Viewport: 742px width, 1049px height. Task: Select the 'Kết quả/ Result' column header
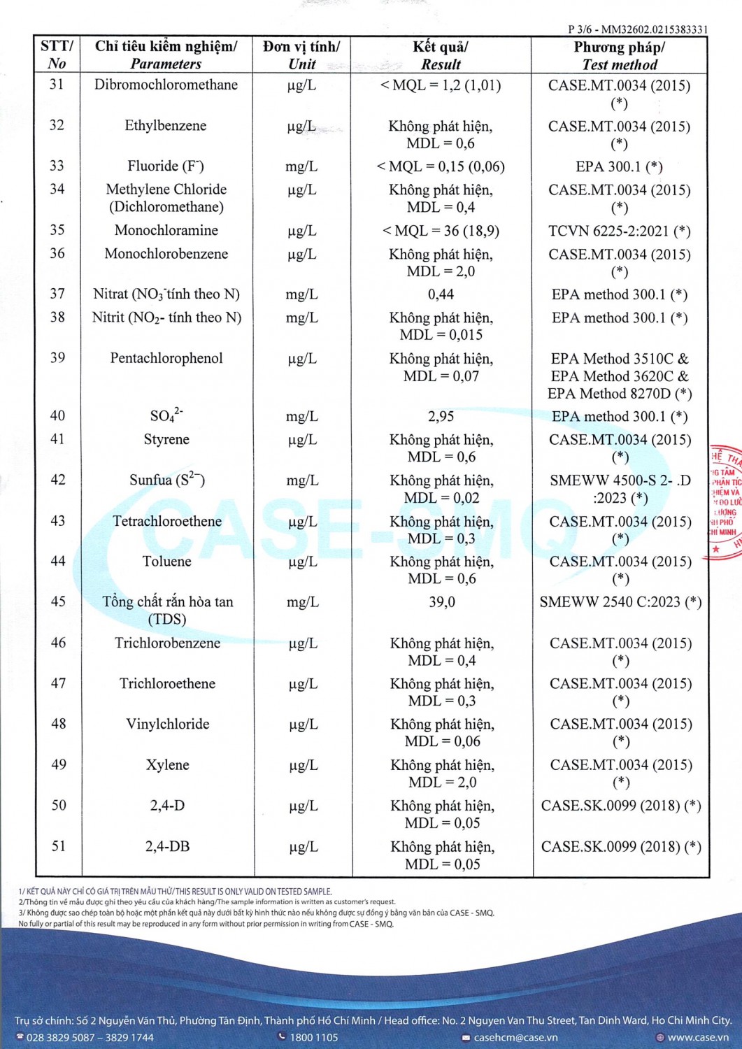[x=441, y=55]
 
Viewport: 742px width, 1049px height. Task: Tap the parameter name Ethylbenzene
[x=166, y=126]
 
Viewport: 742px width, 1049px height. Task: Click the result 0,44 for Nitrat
[x=441, y=294]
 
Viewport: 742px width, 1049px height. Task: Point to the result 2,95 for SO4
[x=441, y=417]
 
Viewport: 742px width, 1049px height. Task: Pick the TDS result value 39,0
[x=442, y=602]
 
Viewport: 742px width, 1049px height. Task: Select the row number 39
[x=57, y=358]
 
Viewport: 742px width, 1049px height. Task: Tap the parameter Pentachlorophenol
[x=166, y=358]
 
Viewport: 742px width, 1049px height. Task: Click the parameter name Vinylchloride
[x=168, y=724]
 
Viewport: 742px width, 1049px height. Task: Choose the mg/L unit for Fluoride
[x=301, y=166]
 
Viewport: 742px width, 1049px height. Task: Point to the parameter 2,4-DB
[x=167, y=846]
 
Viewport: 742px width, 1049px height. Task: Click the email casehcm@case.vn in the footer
[x=515, y=1037]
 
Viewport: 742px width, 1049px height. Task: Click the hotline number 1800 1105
[x=313, y=1037]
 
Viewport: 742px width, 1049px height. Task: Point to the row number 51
[x=59, y=846]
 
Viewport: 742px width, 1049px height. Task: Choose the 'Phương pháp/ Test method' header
[x=620, y=55]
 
